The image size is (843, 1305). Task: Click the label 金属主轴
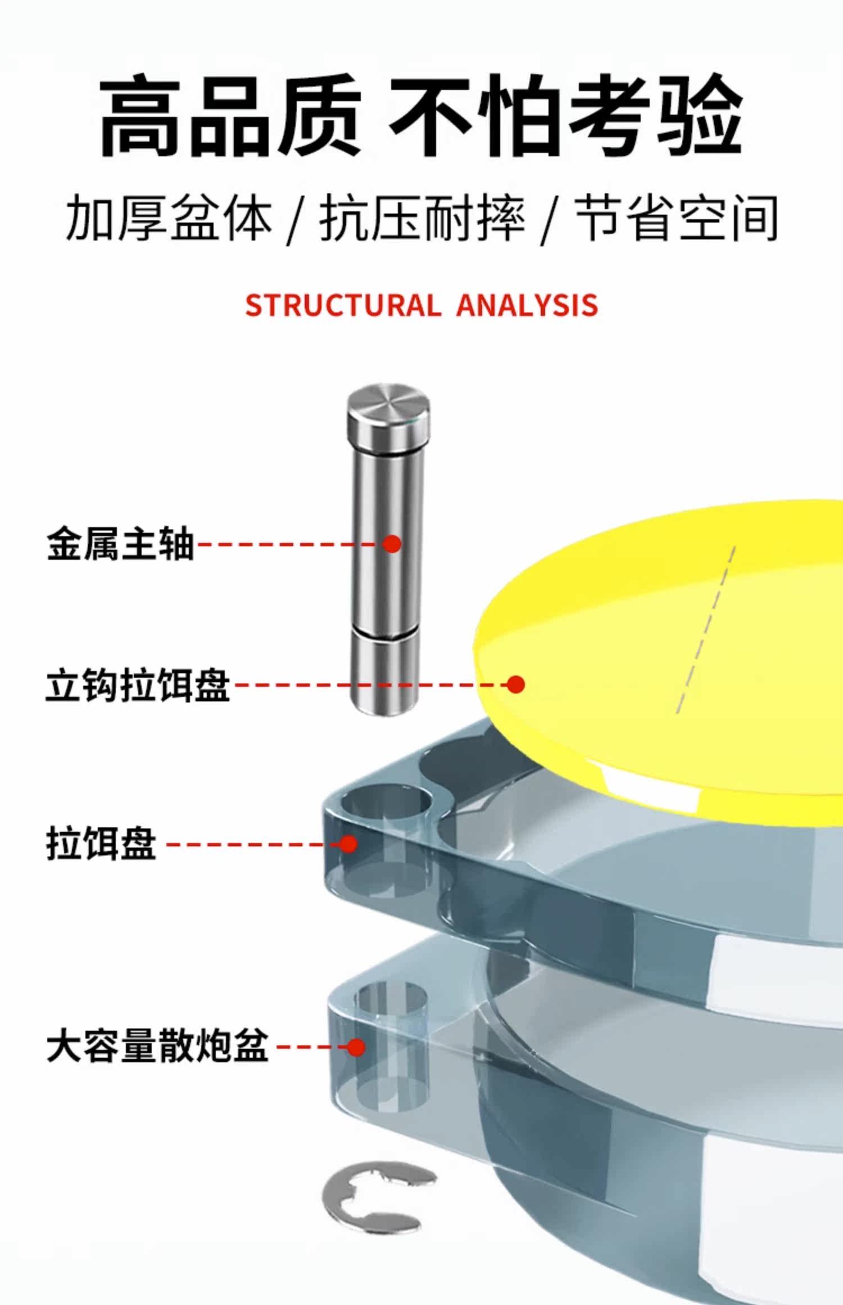[120, 544]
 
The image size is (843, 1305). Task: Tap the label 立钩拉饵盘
[138, 685]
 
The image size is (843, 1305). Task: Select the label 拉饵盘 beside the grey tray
[101, 844]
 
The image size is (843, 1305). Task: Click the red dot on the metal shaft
[392, 543]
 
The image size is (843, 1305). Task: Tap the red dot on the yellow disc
[515, 684]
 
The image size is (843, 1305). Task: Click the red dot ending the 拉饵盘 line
[349, 844]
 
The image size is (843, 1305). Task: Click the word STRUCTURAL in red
[343, 305]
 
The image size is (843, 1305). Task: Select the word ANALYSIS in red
[527, 305]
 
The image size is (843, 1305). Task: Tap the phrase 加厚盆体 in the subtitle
[169, 218]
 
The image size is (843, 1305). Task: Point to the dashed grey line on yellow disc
[705, 629]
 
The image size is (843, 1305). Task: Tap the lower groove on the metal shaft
[385, 633]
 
